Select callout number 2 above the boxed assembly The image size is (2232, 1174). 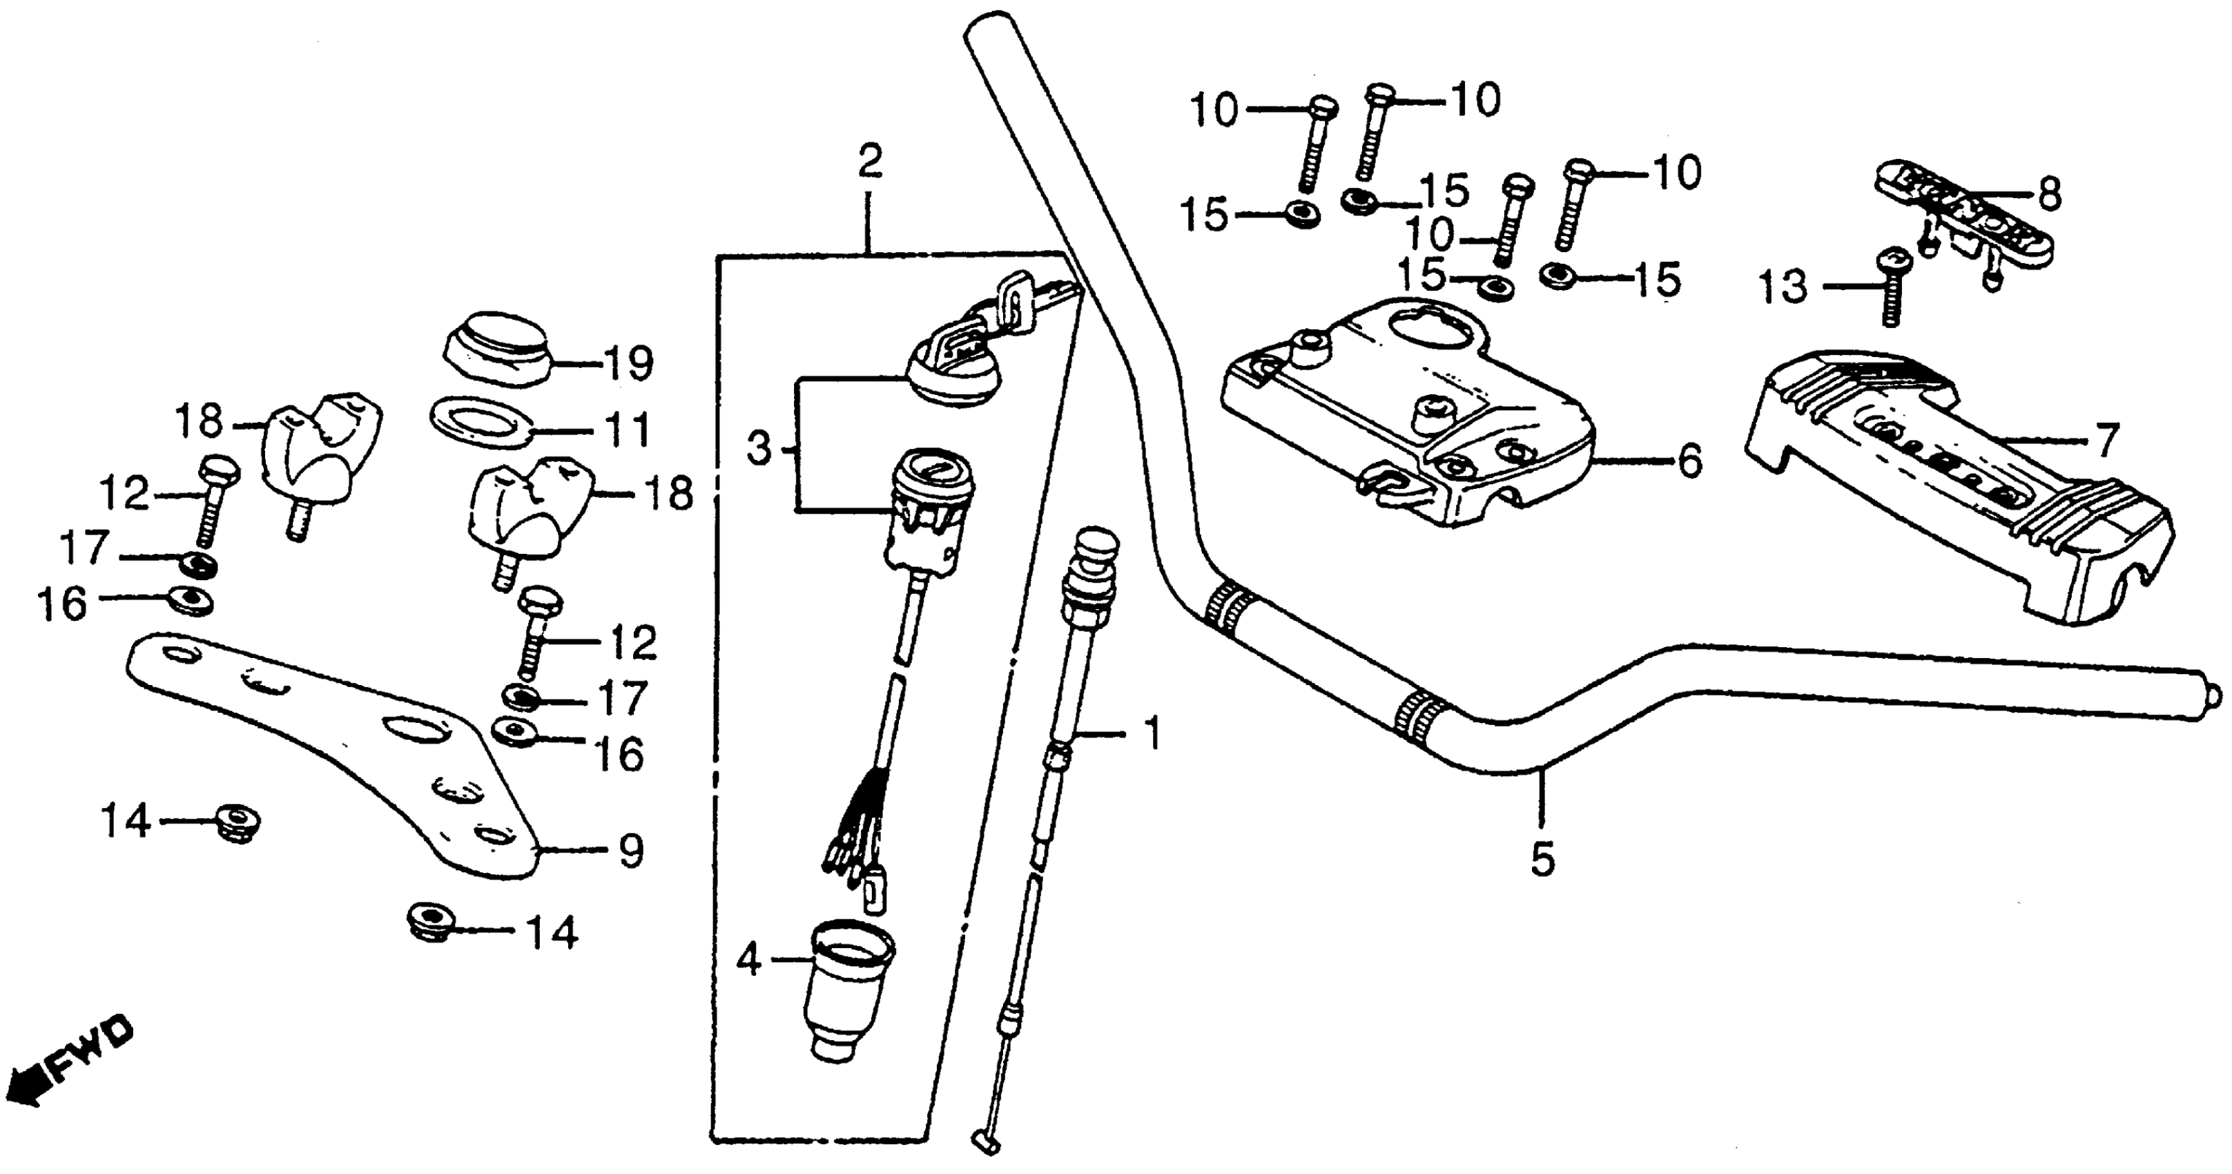(869, 163)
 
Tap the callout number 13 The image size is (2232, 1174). (1783, 287)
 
